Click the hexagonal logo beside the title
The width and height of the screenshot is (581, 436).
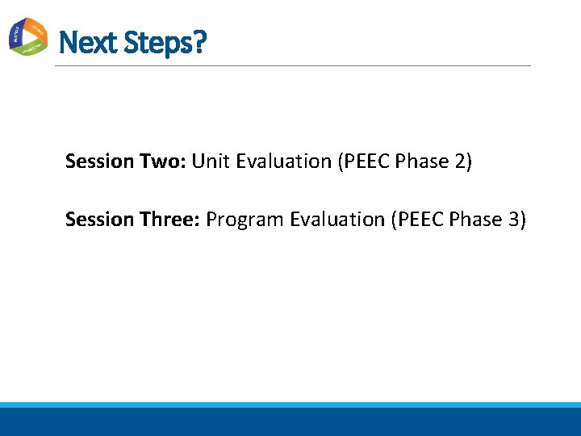[28, 36]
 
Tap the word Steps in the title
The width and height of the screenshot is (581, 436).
[157, 42]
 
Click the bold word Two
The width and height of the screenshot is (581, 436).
[161, 161]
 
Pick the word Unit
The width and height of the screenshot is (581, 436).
[210, 161]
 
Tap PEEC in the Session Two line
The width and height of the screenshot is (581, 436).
[360, 161]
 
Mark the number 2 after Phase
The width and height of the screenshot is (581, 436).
[460, 161]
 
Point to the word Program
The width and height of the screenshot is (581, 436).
[245, 220]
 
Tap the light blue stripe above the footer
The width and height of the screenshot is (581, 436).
[290, 405]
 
